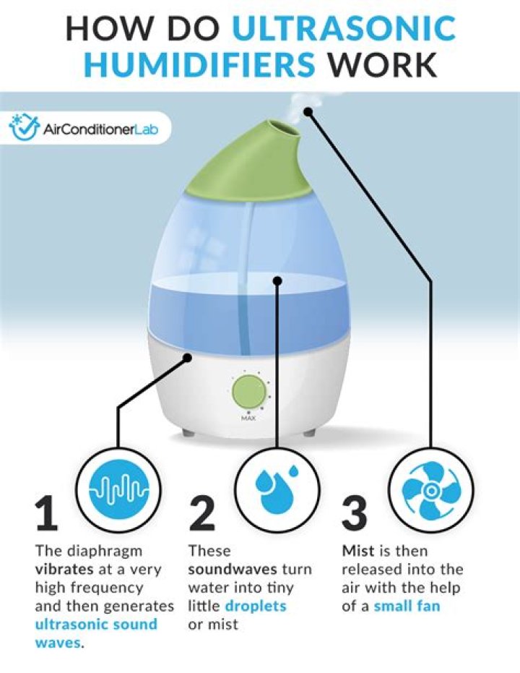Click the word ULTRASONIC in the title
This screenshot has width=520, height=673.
[343, 28]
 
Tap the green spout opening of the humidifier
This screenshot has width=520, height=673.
[282, 129]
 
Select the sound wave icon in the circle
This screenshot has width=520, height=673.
[118, 489]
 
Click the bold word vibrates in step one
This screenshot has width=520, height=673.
[64, 569]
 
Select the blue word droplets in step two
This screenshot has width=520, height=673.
[256, 606]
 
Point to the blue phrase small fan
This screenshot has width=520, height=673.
[407, 606]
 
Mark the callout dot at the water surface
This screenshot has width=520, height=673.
[277, 280]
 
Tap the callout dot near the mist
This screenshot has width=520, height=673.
[308, 111]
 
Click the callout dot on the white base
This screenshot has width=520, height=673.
[187, 358]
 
